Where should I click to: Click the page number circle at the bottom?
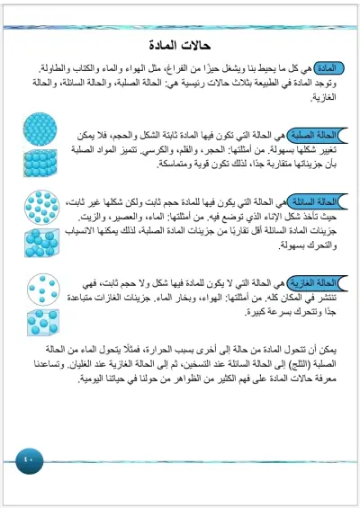tap(26, 461)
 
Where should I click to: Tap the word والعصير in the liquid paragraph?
tap(135, 218)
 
